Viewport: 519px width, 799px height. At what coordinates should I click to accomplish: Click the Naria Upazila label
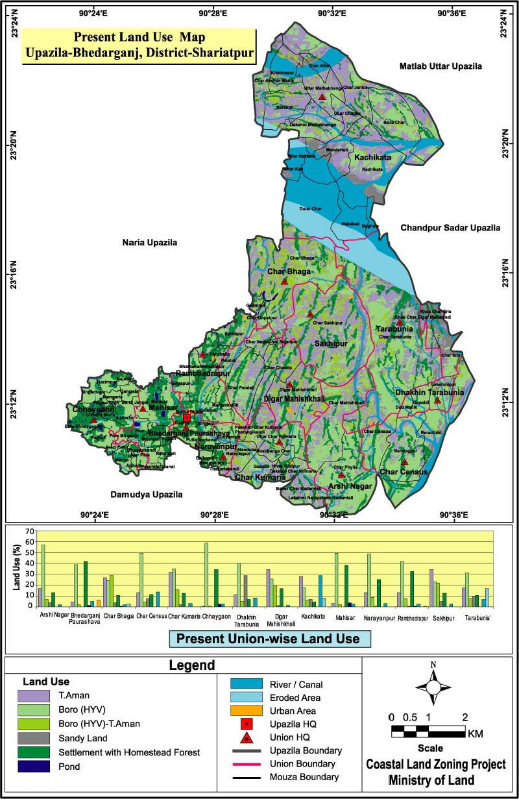149,242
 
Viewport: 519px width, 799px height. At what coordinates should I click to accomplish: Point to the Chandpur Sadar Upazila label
450,228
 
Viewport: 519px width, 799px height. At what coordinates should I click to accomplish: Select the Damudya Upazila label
146,495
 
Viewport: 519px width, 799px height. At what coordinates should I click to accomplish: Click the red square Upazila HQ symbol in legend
247,724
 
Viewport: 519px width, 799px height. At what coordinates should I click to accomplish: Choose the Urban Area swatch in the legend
247,711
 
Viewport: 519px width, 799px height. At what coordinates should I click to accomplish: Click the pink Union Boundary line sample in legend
247,764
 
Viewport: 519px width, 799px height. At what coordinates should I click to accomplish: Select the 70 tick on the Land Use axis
29,532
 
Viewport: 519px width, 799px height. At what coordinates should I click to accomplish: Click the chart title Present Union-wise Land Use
270,639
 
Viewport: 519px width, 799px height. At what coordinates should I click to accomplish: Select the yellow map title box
138,46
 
